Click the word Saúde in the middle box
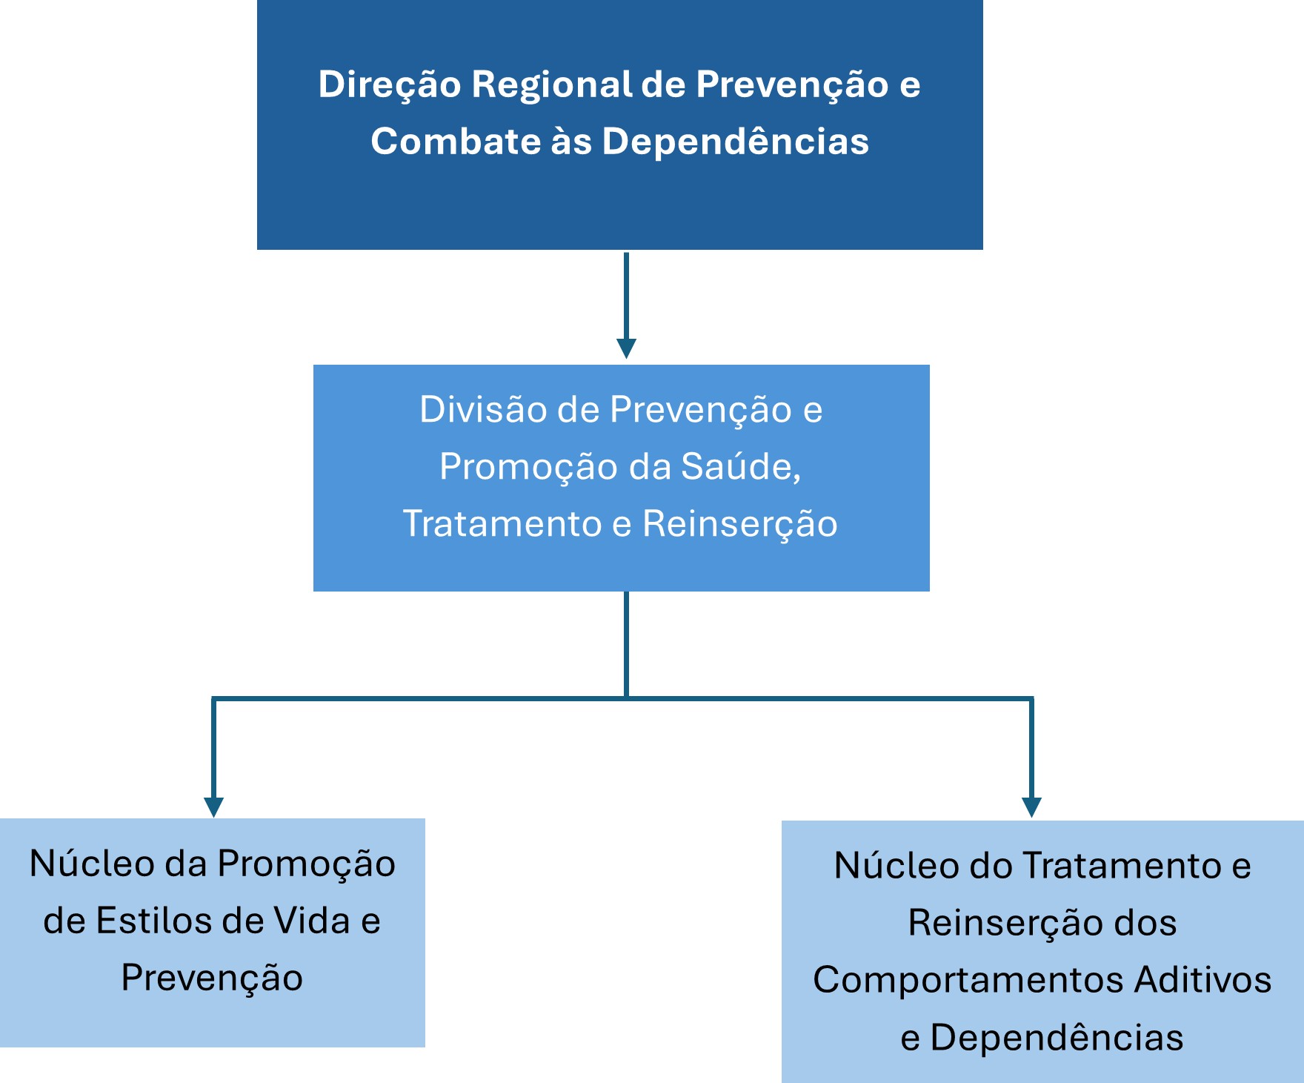click(x=741, y=467)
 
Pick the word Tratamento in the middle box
click(x=502, y=523)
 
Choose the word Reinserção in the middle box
click(x=740, y=525)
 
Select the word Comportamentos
click(x=968, y=981)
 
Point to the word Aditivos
click(x=1203, y=979)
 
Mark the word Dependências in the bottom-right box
click(x=1057, y=1037)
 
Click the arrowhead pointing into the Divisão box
click(x=627, y=348)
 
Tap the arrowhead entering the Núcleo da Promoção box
click(x=213, y=807)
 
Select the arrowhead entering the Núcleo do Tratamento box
click(x=1031, y=807)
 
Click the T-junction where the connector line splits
click(x=627, y=698)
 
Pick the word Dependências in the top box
click(x=735, y=141)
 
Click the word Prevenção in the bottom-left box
click(x=213, y=978)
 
